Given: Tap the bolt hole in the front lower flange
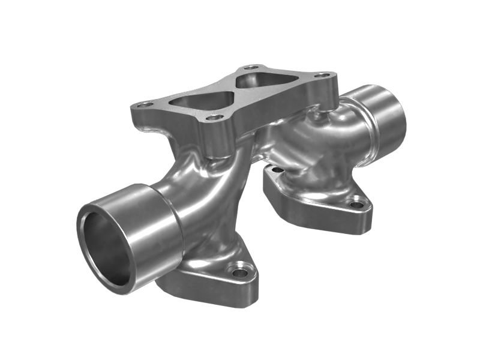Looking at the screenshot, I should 240,273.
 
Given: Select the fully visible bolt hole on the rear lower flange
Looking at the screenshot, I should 357,205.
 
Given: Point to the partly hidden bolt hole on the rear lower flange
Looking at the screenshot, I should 275,170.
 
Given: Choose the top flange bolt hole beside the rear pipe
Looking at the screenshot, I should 323,76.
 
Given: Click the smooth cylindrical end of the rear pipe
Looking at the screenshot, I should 387,117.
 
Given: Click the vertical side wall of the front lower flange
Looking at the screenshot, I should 210,288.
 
